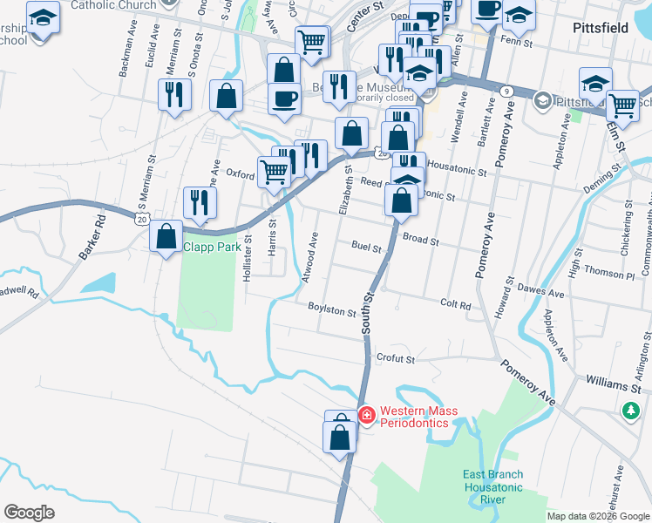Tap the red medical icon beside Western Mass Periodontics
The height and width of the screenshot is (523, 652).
pyautogui.click(x=367, y=416)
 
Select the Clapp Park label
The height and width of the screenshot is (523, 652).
pyautogui.click(x=211, y=248)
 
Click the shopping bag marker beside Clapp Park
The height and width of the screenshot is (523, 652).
pyautogui.click(x=166, y=236)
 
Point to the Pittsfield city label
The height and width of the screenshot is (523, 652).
pyautogui.click(x=601, y=28)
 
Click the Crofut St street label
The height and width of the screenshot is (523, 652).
pyautogui.click(x=395, y=357)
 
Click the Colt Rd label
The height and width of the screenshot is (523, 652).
pyautogui.click(x=455, y=305)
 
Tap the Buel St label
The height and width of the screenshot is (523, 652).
pyautogui.click(x=367, y=248)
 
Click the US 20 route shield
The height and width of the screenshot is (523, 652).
pyautogui.click(x=141, y=219)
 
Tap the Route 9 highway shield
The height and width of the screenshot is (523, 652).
pyautogui.click(x=505, y=90)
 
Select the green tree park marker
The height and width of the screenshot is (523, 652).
pyautogui.click(x=630, y=410)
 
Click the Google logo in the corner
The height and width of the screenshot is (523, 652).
pyautogui.click(x=30, y=512)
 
